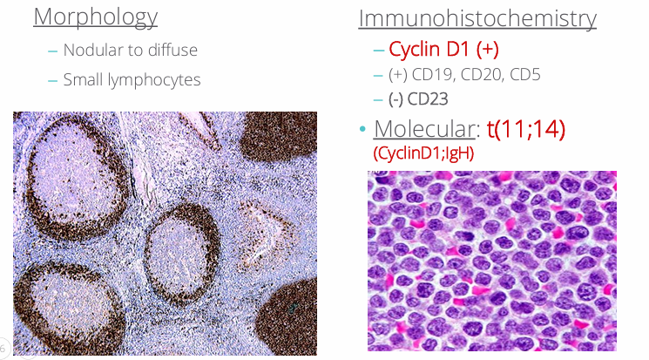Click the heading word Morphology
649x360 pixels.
(96, 17)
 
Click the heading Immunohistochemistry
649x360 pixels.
(477, 18)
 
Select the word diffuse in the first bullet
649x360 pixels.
(171, 51)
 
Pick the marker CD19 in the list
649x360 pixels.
(434, 75)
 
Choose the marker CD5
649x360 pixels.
(525, 75)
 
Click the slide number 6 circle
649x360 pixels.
(3, 347)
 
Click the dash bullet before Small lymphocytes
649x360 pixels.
(52, 80)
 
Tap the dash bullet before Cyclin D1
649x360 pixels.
(378, 50)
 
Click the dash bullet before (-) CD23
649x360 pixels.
(378, 99)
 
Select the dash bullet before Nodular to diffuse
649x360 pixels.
(52, 51)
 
